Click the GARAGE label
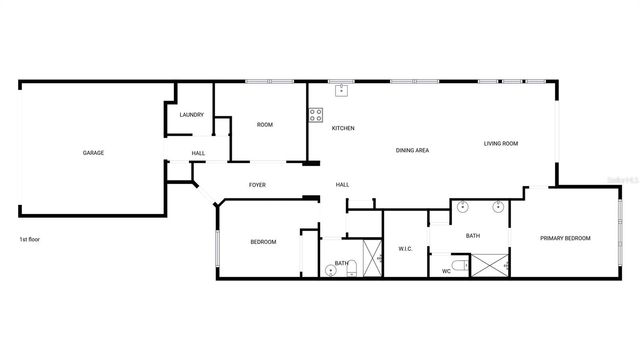point(93,153)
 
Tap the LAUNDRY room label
point(192,115)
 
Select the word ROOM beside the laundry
point(265,125)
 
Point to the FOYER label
point(257,185)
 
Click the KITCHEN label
point(343,128)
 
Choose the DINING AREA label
point(412,150)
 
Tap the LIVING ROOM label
point(501,144)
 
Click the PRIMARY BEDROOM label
point(565,238)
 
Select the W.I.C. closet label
point(406,248)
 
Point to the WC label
point(446,271)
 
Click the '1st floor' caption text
point(30,240)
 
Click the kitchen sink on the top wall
point(342,89)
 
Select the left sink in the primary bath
point(463,208)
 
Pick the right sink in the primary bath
point(497,208)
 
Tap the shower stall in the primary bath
point(490,264)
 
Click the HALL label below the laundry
point(198,153)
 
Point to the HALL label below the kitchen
point(342,185)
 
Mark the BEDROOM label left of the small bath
point(263,242)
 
